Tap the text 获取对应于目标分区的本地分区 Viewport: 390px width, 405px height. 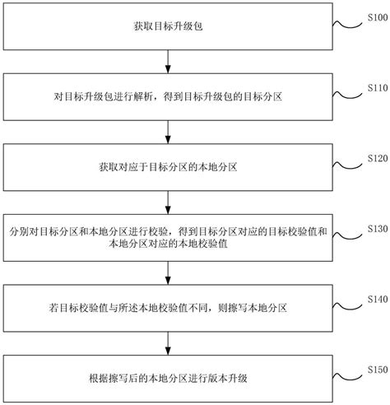click(168, 168)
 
